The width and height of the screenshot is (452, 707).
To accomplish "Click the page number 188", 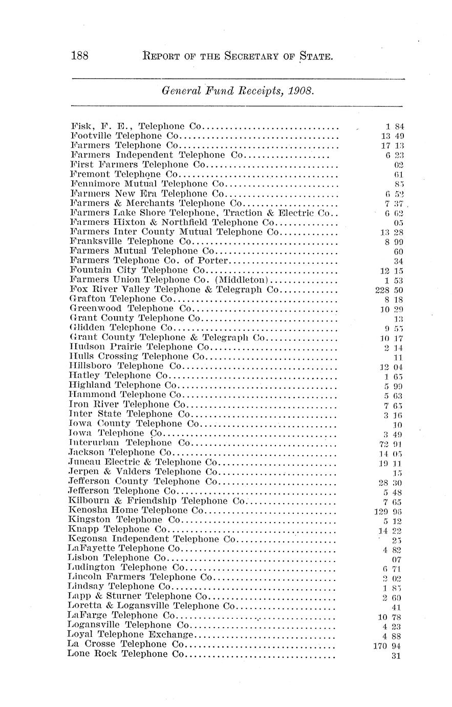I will (x=80, y=55).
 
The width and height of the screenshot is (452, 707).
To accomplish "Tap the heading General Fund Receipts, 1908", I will (x=237, y=91).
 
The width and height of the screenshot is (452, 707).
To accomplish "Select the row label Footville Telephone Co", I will (x=125, y=136).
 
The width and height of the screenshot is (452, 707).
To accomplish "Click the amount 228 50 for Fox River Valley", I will (x=390, y=290).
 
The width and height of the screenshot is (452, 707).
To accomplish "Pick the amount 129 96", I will (x=390, y=511).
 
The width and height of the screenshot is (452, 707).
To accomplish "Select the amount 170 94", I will (x=390, y=646).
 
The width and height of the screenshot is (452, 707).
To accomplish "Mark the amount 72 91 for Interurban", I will (x=392, y=444).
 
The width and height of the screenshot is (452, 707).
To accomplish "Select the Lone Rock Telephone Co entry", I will (x=125, y=654).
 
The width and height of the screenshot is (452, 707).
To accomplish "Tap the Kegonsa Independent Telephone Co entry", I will (x=152, y=539).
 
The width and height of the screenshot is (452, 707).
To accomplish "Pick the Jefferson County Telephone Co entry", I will (x=141, y=482).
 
